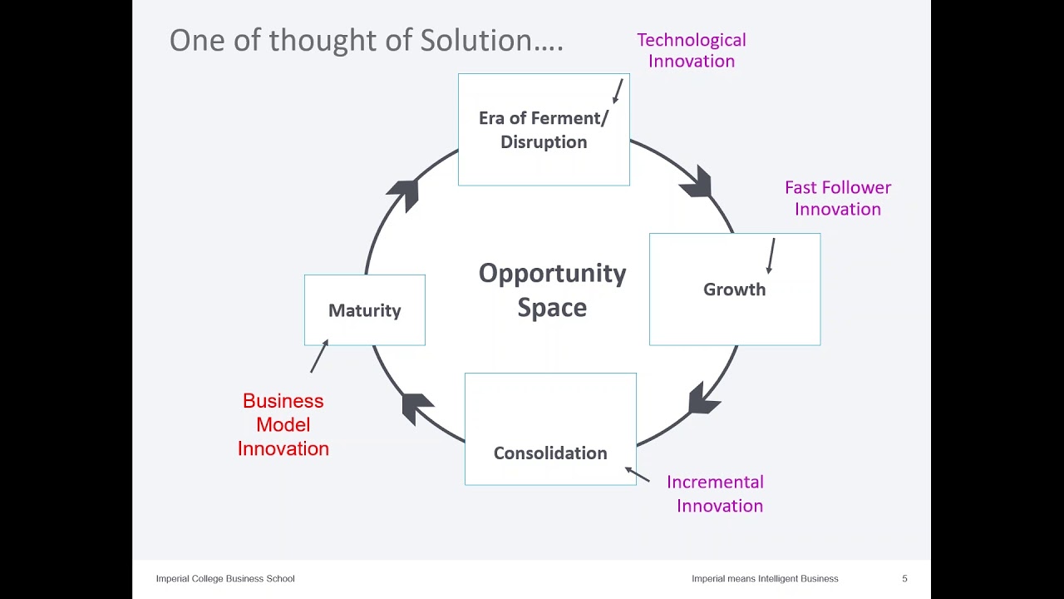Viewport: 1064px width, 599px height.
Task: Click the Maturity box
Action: (x=364, y=310)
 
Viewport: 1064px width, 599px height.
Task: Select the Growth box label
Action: (x=734, y=290)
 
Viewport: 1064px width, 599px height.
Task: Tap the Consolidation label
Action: (x=550, y=453)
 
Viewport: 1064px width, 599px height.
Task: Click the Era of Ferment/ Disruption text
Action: (x=544, y=130)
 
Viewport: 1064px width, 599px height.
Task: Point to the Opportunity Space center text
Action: (x=552, y=290)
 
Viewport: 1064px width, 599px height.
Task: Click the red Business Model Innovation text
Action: (x=283, y=424)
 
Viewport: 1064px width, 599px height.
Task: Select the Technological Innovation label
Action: (x=691, y=50)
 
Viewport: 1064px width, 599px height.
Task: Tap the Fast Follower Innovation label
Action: (x=837, y=198)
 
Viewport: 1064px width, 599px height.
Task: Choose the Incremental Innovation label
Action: (x=716, y=493)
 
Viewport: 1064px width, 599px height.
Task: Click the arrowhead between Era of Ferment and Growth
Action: (x=697, y=182)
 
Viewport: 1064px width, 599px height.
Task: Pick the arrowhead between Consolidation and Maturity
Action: (x=416, y=407)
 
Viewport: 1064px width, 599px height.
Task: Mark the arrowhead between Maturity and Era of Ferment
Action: (x=404, y=194)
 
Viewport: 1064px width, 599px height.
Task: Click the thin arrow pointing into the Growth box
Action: (x=771, y=255)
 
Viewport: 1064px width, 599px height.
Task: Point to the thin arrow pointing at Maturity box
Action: (x=319, y=356)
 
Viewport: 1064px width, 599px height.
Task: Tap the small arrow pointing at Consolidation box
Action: (x=637, y=474)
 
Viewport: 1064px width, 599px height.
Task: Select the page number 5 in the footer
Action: (x=904, y=578)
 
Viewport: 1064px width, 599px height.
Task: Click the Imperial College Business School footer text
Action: (x=225, y=578)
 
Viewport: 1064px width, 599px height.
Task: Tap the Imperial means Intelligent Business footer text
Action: (x=765, y=578)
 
